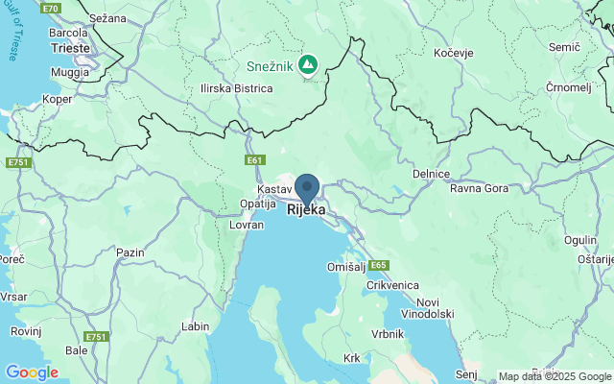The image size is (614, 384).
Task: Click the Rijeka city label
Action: [306, 209]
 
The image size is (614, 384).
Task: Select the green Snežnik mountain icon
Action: [307, 65]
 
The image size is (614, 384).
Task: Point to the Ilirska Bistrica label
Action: [237, 88]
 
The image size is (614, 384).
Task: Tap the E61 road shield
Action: [254, 160]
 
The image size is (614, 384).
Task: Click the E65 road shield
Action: [378, 265]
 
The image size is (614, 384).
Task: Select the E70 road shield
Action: [51, 8]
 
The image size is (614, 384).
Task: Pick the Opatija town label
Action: [257, 204]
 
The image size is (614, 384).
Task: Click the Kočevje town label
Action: [456, 53]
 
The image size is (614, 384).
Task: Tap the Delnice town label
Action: [432, 174]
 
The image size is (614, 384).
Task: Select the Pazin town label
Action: [130, 252]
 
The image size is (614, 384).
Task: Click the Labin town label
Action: [195, 326]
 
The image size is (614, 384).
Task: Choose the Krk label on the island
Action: [351, 358]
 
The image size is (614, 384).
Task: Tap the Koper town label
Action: [58, 98]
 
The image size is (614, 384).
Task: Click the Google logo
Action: [32, 372]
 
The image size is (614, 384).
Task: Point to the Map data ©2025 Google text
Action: [555, 376]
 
